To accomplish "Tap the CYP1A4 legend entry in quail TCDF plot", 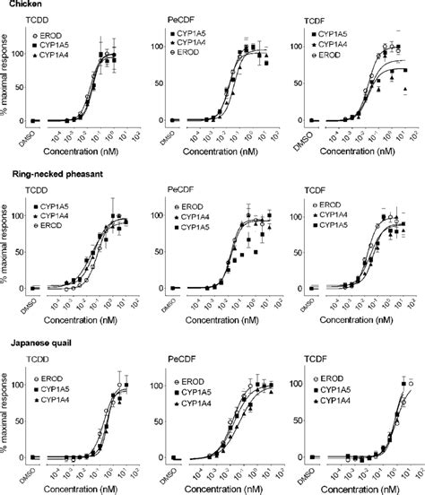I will point(331,393).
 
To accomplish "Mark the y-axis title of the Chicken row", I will point(7,82).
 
